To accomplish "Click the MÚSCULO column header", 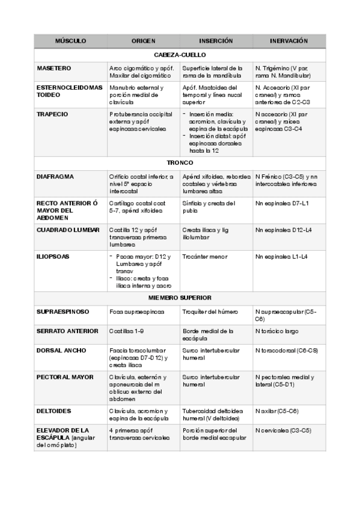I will (x=70, y=41).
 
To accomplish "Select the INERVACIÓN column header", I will (x=288, y=41).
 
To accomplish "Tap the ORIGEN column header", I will (x=143, y=41).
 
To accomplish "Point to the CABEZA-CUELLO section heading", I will (x=180, y=54).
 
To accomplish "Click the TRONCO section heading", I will (x=180, y=163).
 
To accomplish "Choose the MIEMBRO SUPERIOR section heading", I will (x=180, y=298).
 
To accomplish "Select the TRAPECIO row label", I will (x=52, y=114).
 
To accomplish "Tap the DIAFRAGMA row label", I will (x=55, y=176).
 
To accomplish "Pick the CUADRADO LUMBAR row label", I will (x=68, y=230).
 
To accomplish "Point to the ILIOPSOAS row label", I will (x=53, y=256).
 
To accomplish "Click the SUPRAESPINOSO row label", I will (x=63, y=312).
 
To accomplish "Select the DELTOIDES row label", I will (x=54, y=411).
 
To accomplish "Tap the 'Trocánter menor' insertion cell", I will (x=205, y=256).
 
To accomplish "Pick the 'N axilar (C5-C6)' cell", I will (x=277, y=411).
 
